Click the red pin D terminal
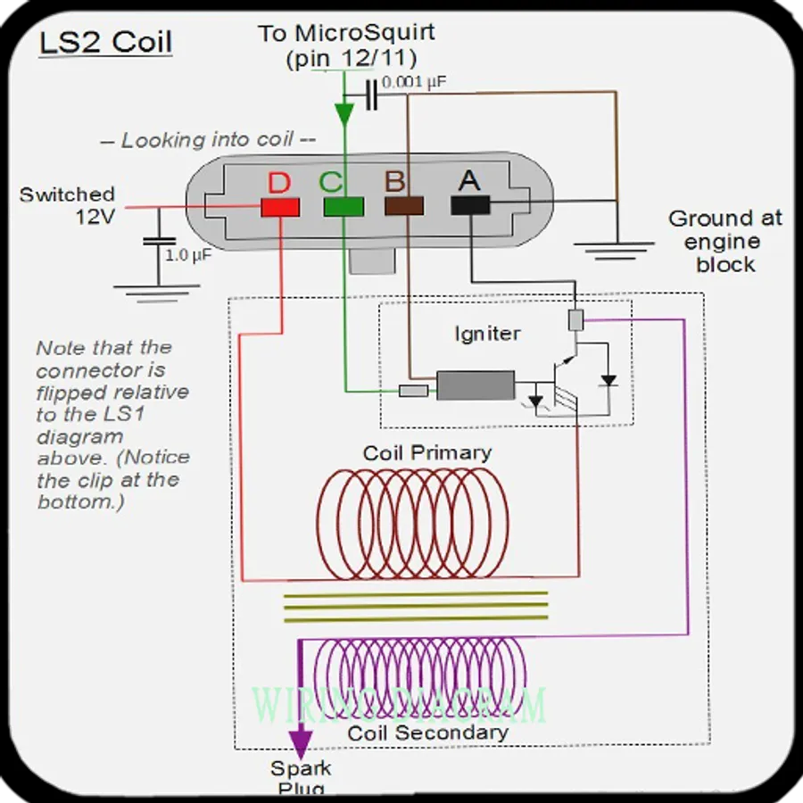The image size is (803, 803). pyautogui.click(x=279, y=207)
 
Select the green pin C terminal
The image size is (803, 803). pyautogui.click(x=344, y=207)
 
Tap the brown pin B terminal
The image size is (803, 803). pyautogui.click(x=403, y=207)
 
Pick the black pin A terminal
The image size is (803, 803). pyautogui.click(x=470, y=206)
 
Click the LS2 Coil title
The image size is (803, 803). pyautogui.click(x=105, y=42)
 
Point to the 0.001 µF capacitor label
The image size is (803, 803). pyautogui.click(x=414, y=82)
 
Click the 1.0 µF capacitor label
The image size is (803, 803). pyautogui.click(x=187, y=254)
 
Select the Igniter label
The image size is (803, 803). pyautogui.click(x=487, y=334)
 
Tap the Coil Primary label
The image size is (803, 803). pyautogui.click(x=426, y=452)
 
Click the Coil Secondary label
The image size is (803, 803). pyautogui.click(x=427, y=733)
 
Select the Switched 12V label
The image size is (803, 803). pyautogui.click(x=68, y=204)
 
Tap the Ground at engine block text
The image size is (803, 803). pyautogui.click(x=725, y=241)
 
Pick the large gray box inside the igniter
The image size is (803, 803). pyautogui.click(x=475, y=385)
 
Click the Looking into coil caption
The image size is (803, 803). pyautogui.click(x=207, y=140)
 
